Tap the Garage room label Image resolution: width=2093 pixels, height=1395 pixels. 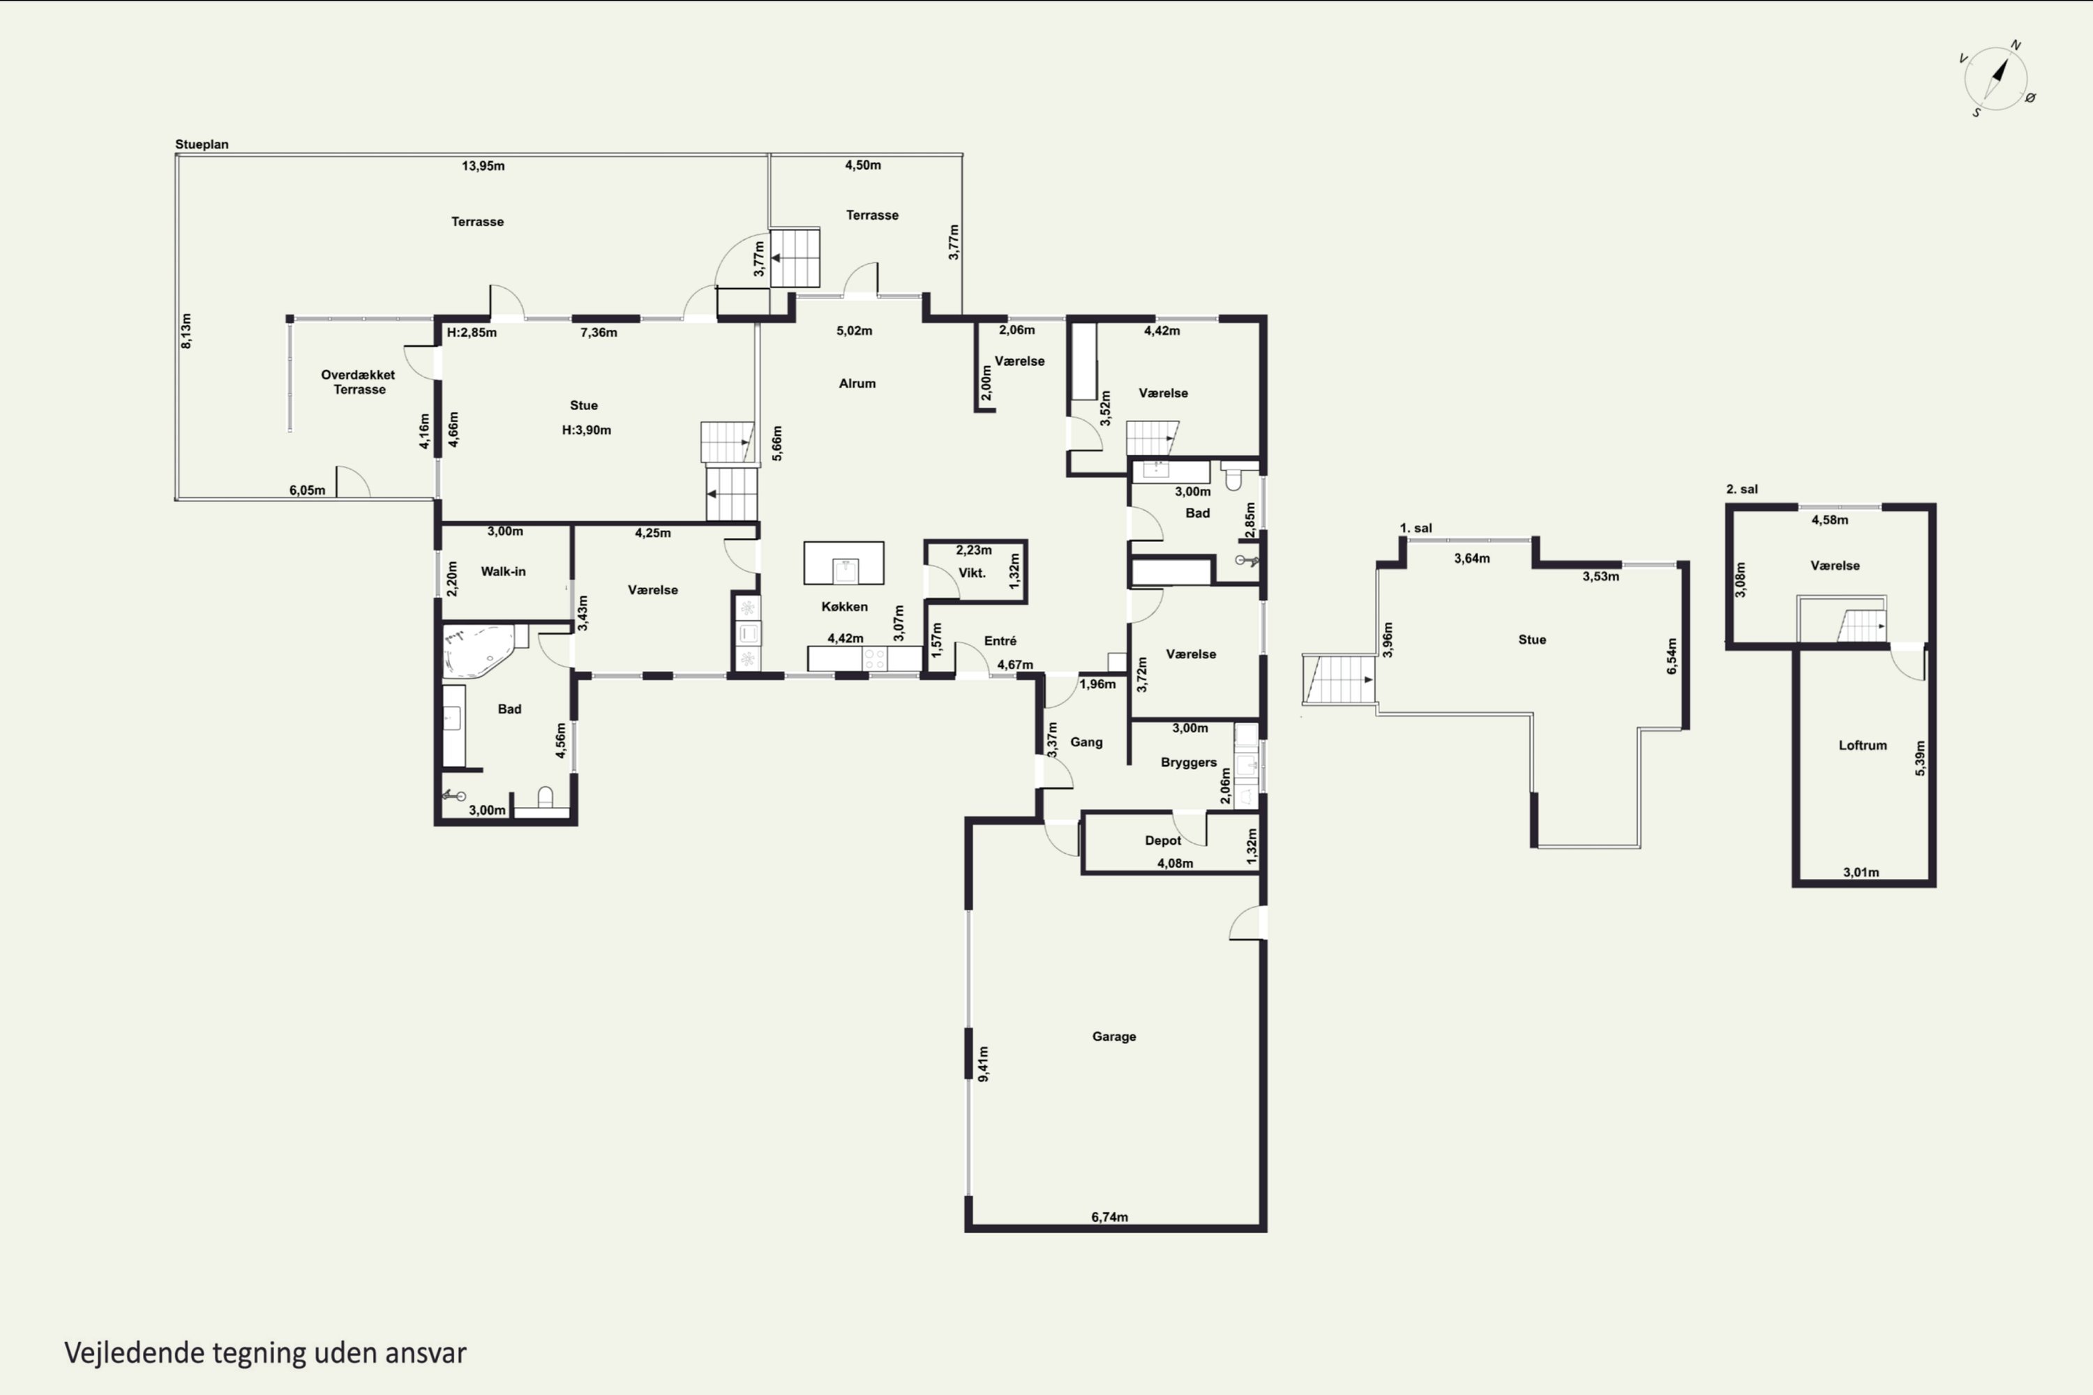(x=1113, y=1036)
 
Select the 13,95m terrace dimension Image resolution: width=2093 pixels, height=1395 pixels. (x=483, y=165)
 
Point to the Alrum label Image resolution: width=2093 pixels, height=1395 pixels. (x=857, y=384)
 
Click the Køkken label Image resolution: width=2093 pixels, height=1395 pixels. (x=844, y=607)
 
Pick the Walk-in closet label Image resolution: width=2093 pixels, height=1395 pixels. (x=503, y=571)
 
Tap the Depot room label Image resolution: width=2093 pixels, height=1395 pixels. (x=1163, y=840)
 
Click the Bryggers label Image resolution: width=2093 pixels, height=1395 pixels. (x=1189, y=762)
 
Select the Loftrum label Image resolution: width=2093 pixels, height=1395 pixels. (x=1863, y=746)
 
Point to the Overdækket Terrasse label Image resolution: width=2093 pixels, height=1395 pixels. (x=359, y=382)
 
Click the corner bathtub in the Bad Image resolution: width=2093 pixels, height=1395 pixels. (x=479, y=650)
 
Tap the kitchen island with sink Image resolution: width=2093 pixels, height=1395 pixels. (x=843, y=563)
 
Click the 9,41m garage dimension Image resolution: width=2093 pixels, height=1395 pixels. (x=983, y=1064)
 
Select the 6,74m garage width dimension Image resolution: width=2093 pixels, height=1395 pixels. (x=1110, y=1217)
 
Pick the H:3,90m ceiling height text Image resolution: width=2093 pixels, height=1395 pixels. (x=587, y=430)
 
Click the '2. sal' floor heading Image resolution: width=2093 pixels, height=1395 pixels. (x=1741, y=490)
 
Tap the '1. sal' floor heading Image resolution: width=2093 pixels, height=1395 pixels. (x=1416, y=529)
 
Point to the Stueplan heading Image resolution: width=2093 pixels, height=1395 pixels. (x=202, y=144)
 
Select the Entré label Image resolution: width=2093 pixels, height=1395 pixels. (x=1000, y=640)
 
